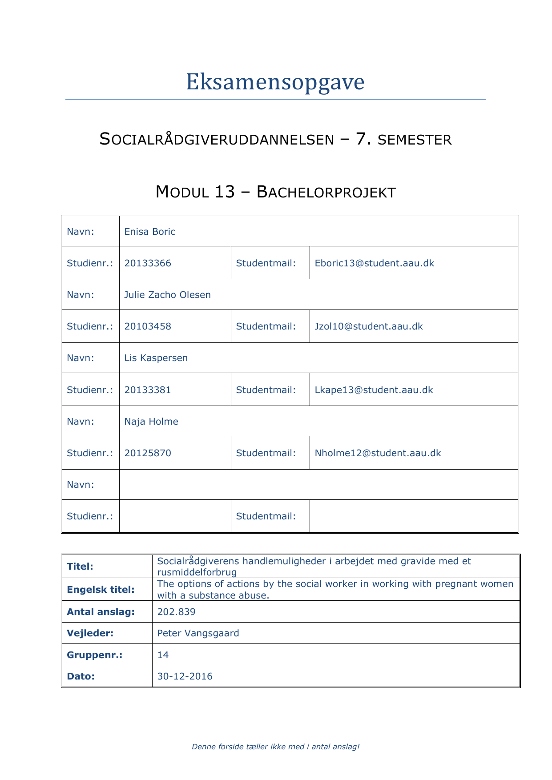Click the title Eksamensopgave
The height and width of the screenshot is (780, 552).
coord(275,82)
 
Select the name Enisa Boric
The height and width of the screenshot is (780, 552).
coord(150,232)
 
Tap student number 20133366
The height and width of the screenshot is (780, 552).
coord(148,263)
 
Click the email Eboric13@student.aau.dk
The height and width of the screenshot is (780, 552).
coord(374,263)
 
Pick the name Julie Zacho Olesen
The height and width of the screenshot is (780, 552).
coord(167,295)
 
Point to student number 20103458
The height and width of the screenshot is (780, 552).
coord(148,326)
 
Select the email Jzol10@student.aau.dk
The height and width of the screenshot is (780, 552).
coord(368,326)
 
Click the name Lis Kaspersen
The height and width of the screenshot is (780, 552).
coord(156,358)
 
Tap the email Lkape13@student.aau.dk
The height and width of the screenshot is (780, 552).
coord(374,390)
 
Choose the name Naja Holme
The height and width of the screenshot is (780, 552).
coord(151,422)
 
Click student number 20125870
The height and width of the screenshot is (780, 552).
coord(148,453)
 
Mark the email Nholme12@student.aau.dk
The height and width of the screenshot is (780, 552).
coord(378,453)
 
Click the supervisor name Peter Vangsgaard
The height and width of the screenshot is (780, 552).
coord(198,633)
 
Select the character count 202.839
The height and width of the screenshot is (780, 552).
coord(176,612)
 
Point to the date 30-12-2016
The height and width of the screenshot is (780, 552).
coord(185,676)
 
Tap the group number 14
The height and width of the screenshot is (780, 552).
coord(163,655)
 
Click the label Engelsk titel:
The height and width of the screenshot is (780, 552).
coord(101,590)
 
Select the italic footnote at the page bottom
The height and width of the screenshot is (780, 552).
coord(275,747)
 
